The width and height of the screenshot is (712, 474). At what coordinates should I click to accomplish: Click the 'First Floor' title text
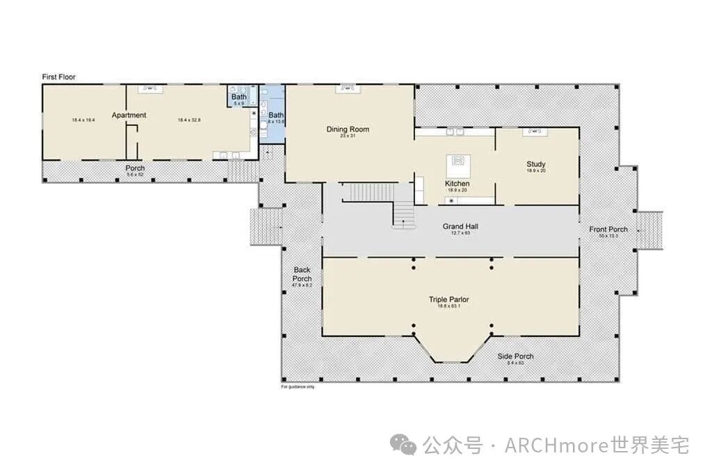pyautogui.click(x=58, y=77)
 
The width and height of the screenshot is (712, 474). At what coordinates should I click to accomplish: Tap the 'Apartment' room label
pyautogui.click(x=129, y=115)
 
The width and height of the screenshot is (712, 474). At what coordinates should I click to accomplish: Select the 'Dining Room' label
pyautogui.click(x=348, y=129)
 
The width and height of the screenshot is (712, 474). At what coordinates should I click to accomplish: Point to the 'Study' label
pyautogui.click(x=535, y=164)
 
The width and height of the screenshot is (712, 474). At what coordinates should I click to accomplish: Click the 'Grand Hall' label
pyautogui.click(x=460, y=226)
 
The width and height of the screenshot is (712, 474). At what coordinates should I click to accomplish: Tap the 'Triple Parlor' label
pyautogui.click(x=448, y=300)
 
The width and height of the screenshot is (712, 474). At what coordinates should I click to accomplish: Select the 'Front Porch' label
pyautogui.click(x=608, y=230)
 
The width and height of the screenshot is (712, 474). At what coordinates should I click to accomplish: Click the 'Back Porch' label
pyautogui.click(x=302, y=274)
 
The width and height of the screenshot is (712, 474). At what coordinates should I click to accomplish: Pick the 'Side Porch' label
pyautogui.click(x=515, y=356)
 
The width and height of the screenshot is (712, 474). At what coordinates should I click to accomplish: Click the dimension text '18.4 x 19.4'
pyautogui.click(x=83, y=120)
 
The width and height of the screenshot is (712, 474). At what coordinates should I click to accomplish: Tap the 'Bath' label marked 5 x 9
pyautogui.click(x=238, y=97)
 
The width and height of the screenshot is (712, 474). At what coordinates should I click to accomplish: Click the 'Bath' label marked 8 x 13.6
pyautogui.click(x=276, y=115)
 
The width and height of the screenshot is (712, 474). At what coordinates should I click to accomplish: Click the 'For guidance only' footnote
pyautogui.click(x=297, y=387)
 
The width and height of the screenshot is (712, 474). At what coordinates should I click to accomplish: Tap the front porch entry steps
pyautogui.click(x=649, y=229)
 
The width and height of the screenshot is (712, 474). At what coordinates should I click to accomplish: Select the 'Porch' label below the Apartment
pyautogui.click(x=135, y=168)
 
